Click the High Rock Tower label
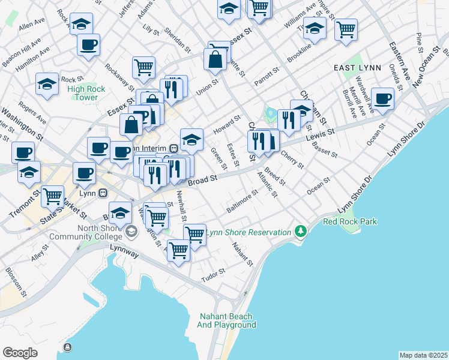[x=86, y=93]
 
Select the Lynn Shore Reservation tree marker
[x=300, y=232]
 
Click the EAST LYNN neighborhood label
[x=358, y=68]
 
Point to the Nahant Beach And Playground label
[x=226, y=320]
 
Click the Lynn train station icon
[x=103, y=193]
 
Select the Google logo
[x=20, y=352]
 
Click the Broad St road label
[x=202, y=180]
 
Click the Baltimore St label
[x=242, y=201]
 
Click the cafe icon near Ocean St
[x=382, y=98]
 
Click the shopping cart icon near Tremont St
[x=53, y=195]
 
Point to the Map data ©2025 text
[x=423, y=355]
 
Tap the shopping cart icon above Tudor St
[x=179, y=250]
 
